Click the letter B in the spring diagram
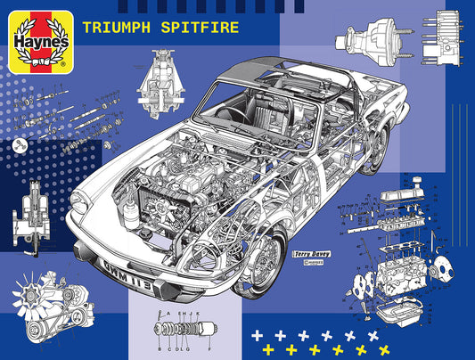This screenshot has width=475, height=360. click(161, 340)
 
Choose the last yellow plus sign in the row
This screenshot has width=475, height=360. click(385, 347)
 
